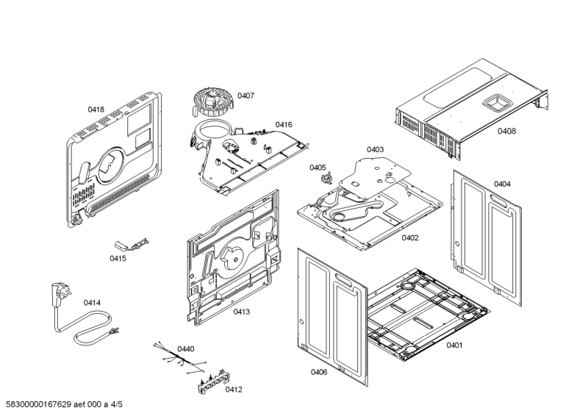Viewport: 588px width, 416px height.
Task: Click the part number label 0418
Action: [x=96, y=110]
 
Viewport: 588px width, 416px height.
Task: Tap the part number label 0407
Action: [x=245, y=96]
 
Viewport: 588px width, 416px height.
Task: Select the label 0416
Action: [x=284, y=125]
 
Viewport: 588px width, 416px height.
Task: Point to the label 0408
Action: [x=506, y=131]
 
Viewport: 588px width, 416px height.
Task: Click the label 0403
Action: [x=375, y=149]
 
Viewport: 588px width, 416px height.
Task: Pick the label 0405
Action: [x=318, y=168]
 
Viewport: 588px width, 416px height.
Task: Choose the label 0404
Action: [x=502, y=184]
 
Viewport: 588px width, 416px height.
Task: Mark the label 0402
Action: [x=410, y=238]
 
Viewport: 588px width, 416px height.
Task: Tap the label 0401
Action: [x=455, y=345]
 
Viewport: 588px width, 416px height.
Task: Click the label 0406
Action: [x=319, y=372]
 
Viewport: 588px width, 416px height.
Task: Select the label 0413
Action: [x=242, y=312]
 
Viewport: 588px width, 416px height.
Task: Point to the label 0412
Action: [x=234, y=390]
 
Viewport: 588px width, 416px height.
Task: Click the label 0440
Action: [x=187, y=349]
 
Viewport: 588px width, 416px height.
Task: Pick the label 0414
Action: [x=92, y=302]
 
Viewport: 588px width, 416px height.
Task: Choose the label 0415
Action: [x=118, y=258]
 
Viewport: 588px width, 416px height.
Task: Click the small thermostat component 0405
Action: [x=323, y=179]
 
